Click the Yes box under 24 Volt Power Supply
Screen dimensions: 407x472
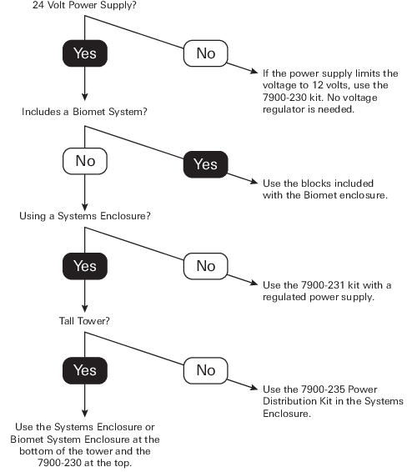coord(85,53)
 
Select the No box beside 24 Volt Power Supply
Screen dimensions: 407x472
coord(206,53)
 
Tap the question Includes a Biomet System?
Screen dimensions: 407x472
coord(84,112)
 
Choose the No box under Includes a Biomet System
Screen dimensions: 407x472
coord(85,161)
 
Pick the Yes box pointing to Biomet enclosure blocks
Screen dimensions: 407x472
coord(206,164)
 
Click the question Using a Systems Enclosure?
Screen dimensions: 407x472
coord(84,216)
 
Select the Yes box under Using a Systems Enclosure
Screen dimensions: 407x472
coord(85,266)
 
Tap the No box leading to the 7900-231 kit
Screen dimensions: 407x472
coord(206,266)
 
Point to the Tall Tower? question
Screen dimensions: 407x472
coord(84,321)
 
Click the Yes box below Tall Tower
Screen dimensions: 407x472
coord(85,370)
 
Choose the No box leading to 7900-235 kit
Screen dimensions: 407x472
coord(206,370)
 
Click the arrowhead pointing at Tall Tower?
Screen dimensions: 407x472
coord(85,309)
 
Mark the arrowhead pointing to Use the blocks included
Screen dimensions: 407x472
coord(254,182)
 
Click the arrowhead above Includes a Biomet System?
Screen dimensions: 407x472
coord(85,98)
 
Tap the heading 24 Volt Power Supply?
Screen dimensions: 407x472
coord(84,5)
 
